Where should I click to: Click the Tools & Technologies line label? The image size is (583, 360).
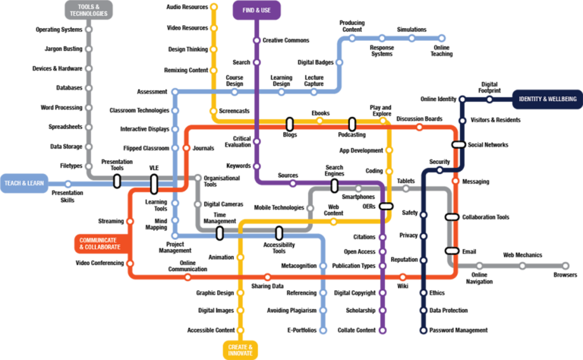point(88,10)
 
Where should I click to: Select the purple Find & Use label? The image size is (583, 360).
point(257,10)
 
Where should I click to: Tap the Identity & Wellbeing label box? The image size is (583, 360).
point(547,99)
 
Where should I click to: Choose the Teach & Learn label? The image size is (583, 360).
point(24,183)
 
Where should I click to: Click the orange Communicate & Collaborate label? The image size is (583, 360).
point(101,243)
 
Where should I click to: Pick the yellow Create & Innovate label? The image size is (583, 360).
point(240,349)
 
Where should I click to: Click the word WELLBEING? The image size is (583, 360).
point(558,99)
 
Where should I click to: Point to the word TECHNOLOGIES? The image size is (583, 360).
point(88,14)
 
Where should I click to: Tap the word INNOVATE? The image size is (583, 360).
point(240,353)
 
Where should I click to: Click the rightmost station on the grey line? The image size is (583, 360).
point(565,266)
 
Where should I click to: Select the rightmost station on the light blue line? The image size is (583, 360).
point(441,38)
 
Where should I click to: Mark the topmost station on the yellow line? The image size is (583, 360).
point(213,7)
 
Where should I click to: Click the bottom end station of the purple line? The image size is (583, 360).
point(383,330)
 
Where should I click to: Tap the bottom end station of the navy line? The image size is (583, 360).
point(424,330)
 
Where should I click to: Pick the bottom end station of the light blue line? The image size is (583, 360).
point(323,330)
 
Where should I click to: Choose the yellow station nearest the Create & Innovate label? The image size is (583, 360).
point(240,330)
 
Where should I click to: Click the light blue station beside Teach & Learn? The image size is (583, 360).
point(68,184)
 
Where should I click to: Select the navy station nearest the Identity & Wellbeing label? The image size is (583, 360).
point(489,99)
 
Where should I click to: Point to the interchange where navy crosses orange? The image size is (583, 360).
point(459,144)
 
